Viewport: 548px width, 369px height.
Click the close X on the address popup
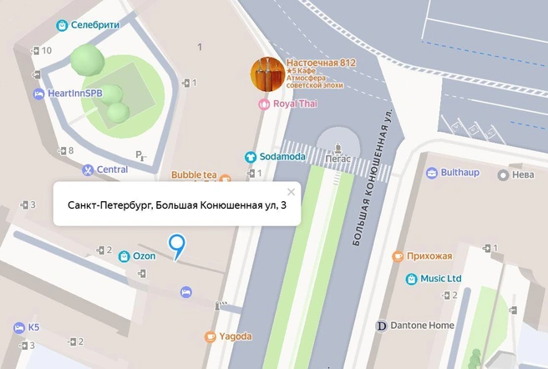coord(291,191)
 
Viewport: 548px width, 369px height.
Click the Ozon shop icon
coord(124,255)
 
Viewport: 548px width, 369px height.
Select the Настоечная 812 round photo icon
coord(266,74)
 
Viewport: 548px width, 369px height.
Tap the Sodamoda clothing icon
coord(249,157)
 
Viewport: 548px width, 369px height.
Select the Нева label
coord(522,175)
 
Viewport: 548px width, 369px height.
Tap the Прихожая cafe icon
coord(398,255)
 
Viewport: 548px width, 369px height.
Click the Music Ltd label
coord(440,278)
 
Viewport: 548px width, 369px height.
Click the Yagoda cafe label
coord(235,336)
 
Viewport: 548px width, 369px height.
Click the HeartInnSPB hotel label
coord(76,94)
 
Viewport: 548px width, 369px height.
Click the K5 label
coord(33,326)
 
